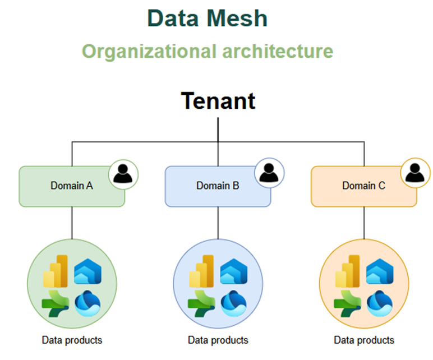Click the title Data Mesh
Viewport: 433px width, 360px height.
207,19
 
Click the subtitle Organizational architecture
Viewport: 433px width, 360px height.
207,51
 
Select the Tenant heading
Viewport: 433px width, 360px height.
218,101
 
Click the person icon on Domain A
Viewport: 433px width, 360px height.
123,174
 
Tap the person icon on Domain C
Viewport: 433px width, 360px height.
415,174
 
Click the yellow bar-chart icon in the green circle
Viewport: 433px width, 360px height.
56,271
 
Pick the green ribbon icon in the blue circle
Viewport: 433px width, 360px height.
201,303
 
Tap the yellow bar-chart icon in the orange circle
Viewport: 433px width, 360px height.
347,271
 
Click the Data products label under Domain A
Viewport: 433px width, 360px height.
72,340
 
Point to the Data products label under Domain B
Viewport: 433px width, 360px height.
218,340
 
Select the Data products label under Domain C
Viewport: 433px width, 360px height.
364,340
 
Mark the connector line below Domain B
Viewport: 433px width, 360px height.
218,224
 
